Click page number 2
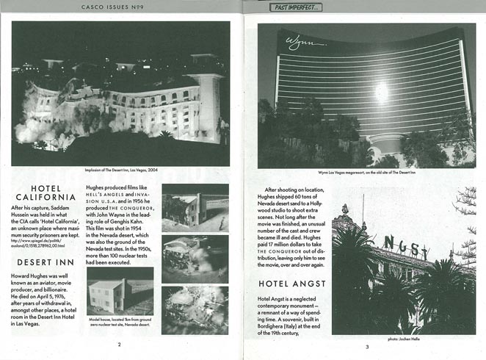coord(119,343)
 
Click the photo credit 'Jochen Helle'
coord(404,339)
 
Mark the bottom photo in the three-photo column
coord(195,309)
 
